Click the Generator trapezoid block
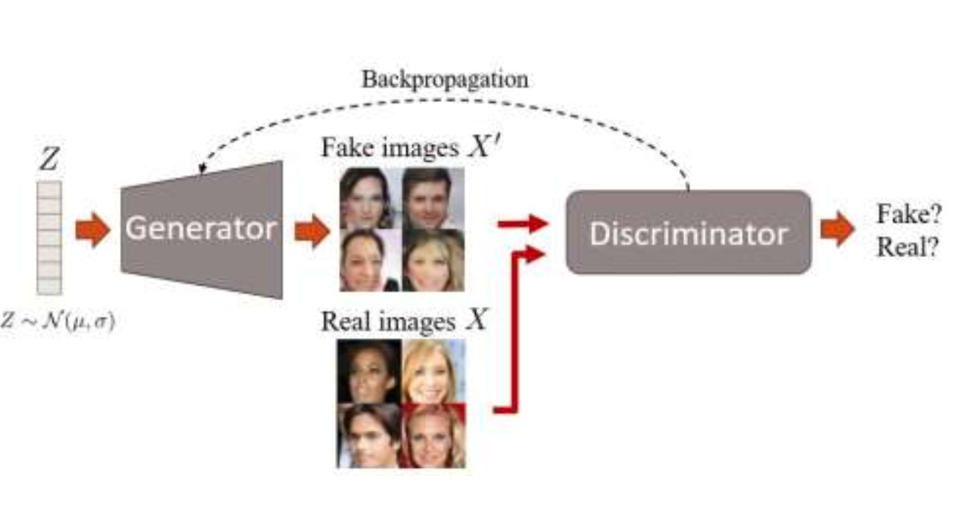click(201, 229)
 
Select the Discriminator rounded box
click(688, 232)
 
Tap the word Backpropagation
click(445, 80)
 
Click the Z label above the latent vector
click(49, 161)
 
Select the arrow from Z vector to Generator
click(92, 230)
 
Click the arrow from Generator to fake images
click(312, 232)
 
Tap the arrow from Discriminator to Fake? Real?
click(837, 229)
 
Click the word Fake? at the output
click(903, 216)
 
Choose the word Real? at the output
click(903, 247)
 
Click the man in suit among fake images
click(433, 197)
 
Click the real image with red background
click(433, 435)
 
